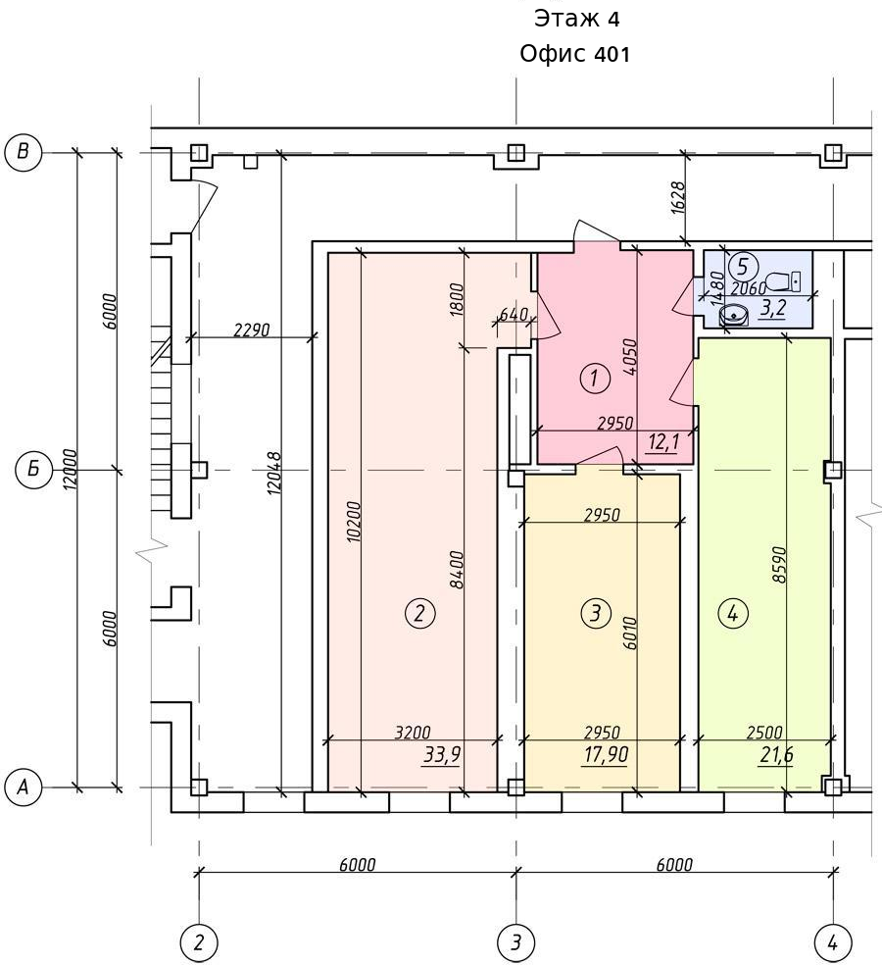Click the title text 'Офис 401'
(x=575, y=54)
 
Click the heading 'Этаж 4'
(x=576, y=19)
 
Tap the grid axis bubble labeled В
(x=23, y=152)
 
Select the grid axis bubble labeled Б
(x=34, y=470)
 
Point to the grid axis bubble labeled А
(x=23, y=787)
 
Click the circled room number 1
(x=595, y=378)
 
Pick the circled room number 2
(x=420, y=613)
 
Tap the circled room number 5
(x=743, y=268)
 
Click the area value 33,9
(x=442, y=754)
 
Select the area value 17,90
(x=607, y=754)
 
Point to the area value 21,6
(x=776, y=754)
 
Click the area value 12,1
(x=663, y=442)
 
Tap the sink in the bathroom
(x=734, y=315)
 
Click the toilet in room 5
(x=784, y=280)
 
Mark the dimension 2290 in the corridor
(x=252, y=330)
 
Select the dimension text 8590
(x=780, y=565)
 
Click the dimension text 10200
(x=355, y=522)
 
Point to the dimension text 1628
(x=678, y=197)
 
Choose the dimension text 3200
(x=413, y=733)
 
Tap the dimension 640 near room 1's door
(x=514, y=315)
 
